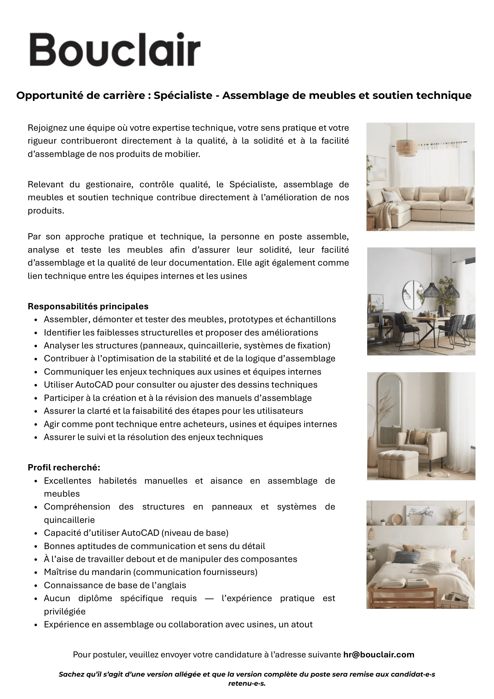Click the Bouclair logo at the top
pos(115,50)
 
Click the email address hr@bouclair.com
pos(379,655)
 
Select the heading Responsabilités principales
pos(88,307)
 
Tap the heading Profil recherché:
pos(64,468)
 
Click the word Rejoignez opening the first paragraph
pos(47,128)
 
